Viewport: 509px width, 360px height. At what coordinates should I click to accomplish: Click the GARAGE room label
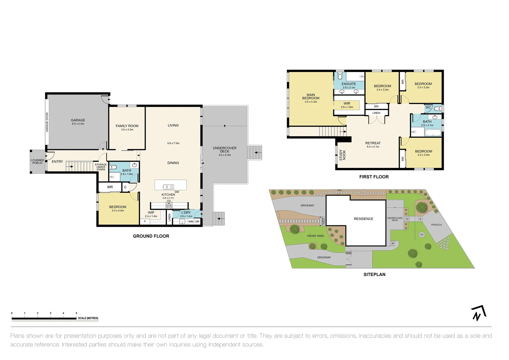(78, 120)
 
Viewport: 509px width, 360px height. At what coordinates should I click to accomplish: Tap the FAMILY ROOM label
(127, 126)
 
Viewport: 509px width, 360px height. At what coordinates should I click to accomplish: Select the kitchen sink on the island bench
(168, 187)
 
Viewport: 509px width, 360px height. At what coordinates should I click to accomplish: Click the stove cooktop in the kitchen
(169, 206)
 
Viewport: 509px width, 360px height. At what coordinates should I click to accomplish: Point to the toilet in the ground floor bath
(113, 167)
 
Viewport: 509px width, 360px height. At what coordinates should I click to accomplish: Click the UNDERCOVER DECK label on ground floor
(225, 150)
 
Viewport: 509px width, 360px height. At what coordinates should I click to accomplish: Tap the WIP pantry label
(151, 213)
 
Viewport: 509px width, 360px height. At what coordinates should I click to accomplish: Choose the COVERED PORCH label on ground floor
(37, 162)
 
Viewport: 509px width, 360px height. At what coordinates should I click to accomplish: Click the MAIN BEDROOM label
(310, 97)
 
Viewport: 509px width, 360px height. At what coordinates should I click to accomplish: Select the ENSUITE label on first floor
(349, 84)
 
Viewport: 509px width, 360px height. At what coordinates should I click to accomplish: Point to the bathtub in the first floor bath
(433, 133)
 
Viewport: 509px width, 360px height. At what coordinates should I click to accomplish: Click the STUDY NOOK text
(342, 155)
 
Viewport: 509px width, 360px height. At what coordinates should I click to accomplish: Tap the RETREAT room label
(373, 143)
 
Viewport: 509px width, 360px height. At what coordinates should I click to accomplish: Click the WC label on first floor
(428, 108)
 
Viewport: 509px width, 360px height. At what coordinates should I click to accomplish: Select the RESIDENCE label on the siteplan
(363, 219)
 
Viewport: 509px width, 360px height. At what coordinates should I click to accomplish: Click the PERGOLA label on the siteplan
(436, 225)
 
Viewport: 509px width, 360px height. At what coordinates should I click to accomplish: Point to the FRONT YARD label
(315, 236)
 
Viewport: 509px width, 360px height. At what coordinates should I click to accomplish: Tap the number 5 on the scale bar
(76, 313)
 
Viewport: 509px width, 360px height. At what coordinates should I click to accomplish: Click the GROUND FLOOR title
(151, 236)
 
